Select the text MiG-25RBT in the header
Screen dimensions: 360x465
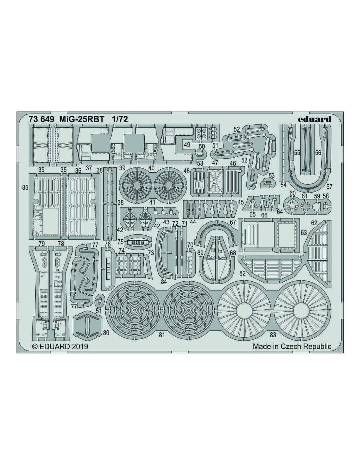click(82, 119)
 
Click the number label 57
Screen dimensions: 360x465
click(329, 187)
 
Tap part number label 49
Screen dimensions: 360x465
click(187, 145)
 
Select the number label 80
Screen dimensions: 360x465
click(106, 333)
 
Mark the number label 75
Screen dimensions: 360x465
click(120, 242)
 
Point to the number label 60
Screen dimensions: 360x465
click(292, 193)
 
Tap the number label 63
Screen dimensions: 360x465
click(304, 232)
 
